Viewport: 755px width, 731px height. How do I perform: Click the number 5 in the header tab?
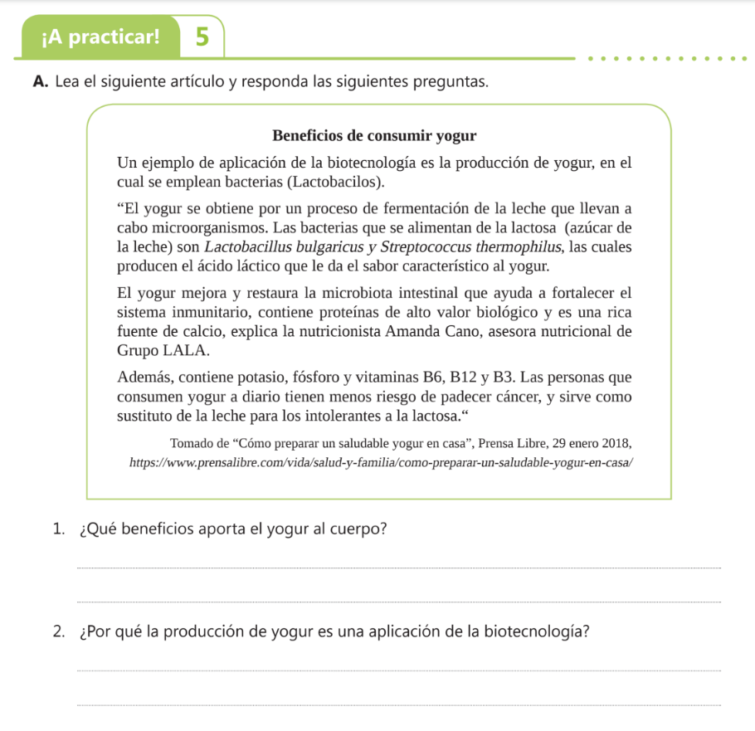(200, 37)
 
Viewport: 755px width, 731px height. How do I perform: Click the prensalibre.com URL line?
(382, 461)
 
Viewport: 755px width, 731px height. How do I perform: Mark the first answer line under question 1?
(398, 568)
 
